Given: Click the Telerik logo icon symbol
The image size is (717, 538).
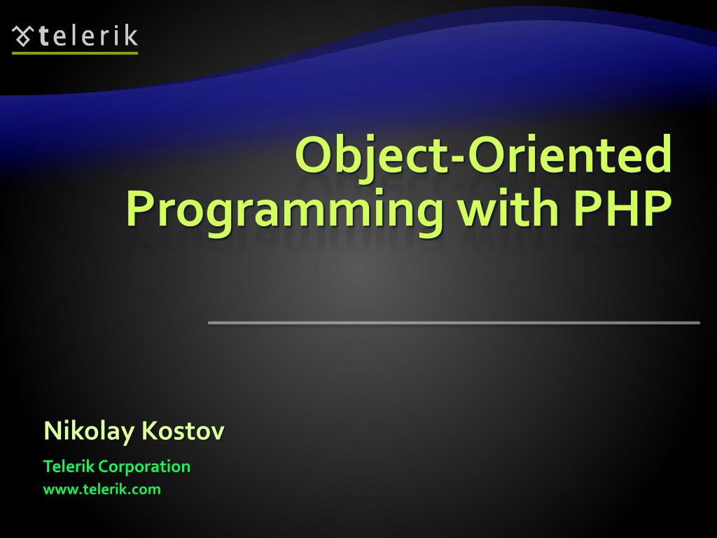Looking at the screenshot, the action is [x=22, y=36].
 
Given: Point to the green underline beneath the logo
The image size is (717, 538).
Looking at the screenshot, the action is [x=75, y=53].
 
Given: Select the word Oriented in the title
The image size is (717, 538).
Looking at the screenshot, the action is [x=570, y=153].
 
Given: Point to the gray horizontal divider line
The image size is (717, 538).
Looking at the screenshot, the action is [x=454, y=323].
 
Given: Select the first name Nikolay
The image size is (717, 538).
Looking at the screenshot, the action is [x=89, y=432].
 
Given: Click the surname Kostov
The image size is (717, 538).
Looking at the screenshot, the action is [x=183, y=431].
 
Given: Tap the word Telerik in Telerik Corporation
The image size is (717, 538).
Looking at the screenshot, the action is [x=69, y=466].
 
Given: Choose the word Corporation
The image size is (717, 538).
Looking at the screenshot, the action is [x=144, y=467].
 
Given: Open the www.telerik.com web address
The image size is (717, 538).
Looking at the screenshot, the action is [x=102, y=490].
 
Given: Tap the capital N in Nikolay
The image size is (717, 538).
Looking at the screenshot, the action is [x=53, y=431].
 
